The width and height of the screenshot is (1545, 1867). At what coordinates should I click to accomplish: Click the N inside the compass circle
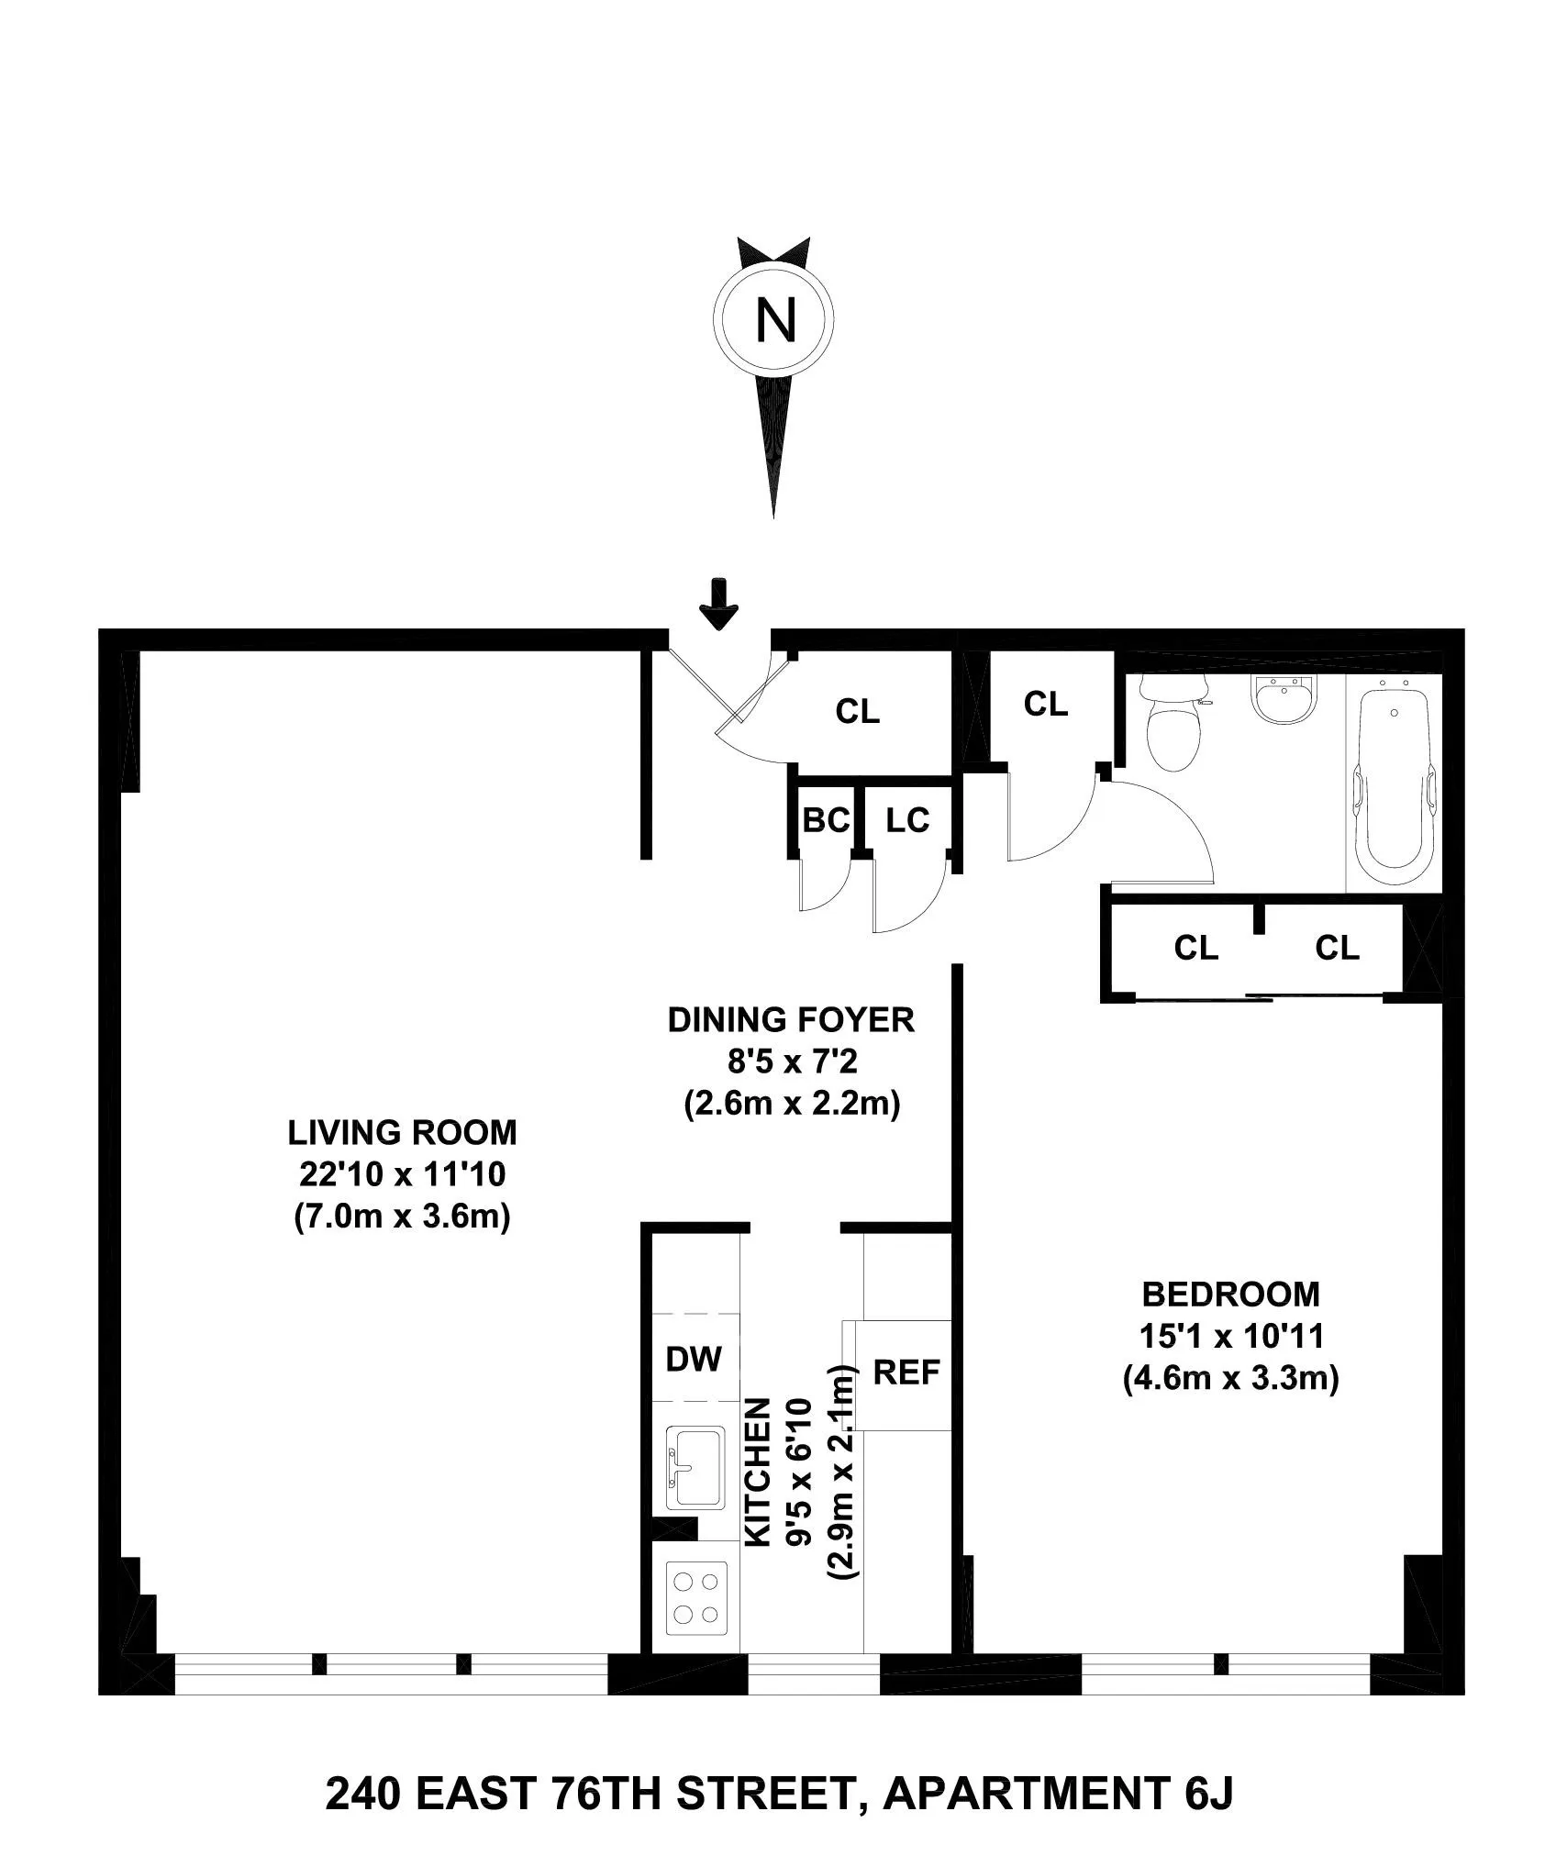774,321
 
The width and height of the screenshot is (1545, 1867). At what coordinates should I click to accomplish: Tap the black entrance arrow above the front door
718,604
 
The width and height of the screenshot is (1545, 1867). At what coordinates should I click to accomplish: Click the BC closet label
826,820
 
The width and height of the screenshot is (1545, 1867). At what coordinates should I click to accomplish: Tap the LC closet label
907,820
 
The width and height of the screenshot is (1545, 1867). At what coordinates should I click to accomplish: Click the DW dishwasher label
694,1358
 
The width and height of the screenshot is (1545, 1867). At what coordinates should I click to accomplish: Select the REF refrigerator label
906,1372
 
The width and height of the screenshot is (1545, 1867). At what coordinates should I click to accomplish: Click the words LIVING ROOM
402,1133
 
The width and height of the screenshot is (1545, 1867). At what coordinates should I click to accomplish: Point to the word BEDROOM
1230,1295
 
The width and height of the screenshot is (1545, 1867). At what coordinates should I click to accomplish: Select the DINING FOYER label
791,1020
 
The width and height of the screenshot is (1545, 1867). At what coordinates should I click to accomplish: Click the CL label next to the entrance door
857,711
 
